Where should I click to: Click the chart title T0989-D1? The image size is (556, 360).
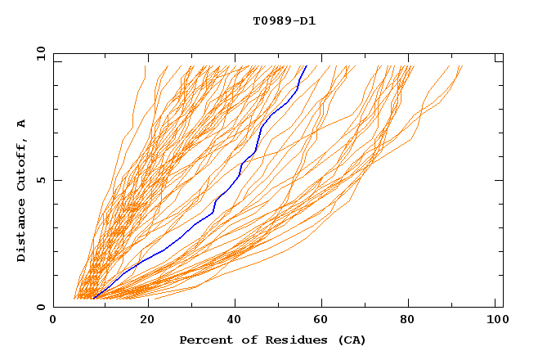coord(284,20)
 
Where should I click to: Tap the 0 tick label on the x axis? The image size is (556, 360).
coord(53,322)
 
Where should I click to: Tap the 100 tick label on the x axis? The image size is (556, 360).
coord(495,322)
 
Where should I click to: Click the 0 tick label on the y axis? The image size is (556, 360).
coord(39,307)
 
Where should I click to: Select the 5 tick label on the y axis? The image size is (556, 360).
coord(39,180)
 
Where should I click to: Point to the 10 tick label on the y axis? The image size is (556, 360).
coord(39,53)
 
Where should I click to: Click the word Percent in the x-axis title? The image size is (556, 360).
coord(204,340)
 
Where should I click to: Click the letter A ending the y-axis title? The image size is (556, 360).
coord(21,123)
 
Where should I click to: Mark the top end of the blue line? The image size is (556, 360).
coord(306,66)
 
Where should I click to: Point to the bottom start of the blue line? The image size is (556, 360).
coord(93,299)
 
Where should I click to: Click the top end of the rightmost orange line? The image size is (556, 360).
coord(462,66)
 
